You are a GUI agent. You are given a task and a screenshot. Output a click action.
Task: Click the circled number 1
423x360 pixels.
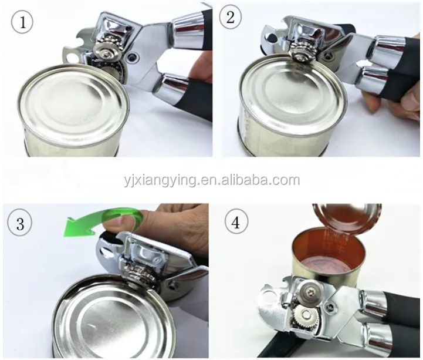point(22,23)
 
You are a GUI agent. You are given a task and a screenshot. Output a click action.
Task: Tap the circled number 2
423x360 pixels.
point(230,18)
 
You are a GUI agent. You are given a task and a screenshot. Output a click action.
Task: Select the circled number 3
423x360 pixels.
point(20,224)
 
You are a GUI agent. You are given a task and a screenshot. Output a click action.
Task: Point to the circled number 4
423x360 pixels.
point(236,223)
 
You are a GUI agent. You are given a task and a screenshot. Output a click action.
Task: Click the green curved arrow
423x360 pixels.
point(108,217)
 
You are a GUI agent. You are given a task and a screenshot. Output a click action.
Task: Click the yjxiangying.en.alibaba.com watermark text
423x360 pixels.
point(212,180)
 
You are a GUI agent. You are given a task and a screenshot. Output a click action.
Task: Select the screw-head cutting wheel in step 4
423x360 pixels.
point(309,290)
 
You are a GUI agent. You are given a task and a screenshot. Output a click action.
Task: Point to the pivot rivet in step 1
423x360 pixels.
point(133,56)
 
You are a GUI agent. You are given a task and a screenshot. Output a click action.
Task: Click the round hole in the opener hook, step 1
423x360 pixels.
point(71,57)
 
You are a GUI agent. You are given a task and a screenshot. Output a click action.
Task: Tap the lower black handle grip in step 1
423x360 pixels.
point(194,99)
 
